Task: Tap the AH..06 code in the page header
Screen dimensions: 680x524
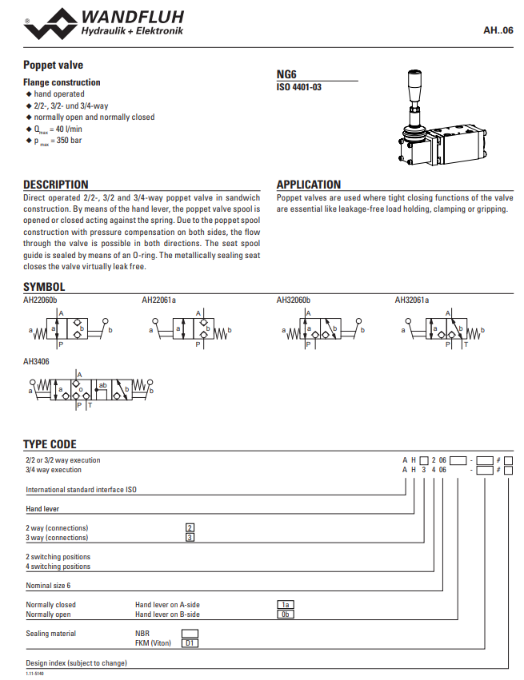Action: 498,30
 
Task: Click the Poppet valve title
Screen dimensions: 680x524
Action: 53,65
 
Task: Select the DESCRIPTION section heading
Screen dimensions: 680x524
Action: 56,185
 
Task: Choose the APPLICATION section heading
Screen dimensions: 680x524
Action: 309,185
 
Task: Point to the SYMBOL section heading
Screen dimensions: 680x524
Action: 44,287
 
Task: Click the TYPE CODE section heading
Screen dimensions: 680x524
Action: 50,444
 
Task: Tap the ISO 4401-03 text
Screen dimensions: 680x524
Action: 299,86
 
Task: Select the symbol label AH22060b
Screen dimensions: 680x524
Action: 40,300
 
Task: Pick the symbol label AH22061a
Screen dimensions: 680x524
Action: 158,300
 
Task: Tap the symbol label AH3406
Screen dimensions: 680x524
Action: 36,361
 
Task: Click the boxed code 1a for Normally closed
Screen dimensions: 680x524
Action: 286,605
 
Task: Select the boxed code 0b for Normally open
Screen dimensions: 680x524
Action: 286,614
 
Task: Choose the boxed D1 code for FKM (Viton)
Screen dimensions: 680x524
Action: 190,642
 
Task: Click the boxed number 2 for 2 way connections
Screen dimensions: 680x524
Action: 190,527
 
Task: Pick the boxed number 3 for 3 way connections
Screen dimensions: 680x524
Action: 190,537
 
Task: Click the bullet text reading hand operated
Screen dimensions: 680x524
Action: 58,94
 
